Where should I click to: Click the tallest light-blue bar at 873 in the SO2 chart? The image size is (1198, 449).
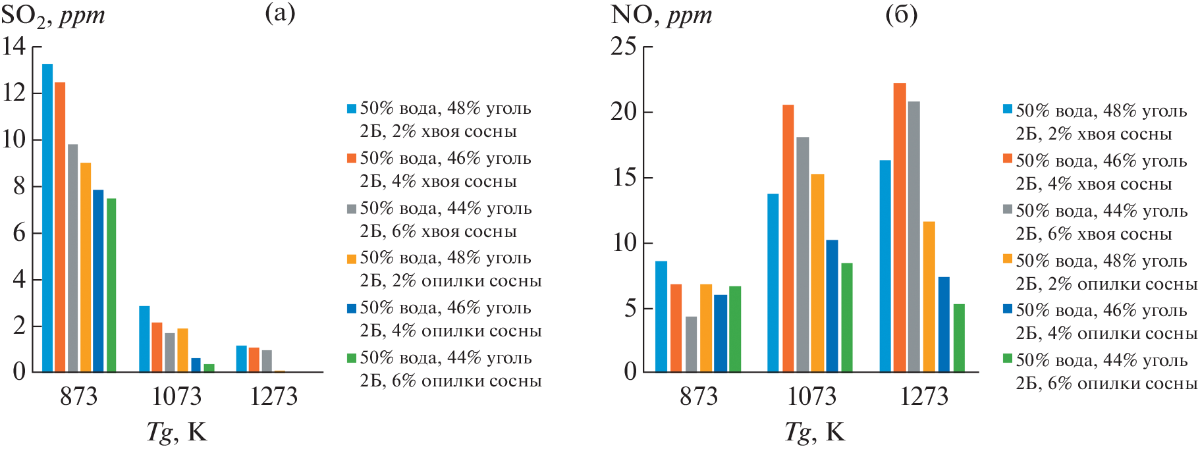(x=47, y=217)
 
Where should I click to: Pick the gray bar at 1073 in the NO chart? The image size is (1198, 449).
(x=802, y=254)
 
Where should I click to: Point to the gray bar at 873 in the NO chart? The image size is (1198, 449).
(x=691, y=344)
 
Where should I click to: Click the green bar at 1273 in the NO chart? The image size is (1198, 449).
(x=959, y=338)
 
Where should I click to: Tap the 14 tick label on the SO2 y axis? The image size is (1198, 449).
(x=14, y=46)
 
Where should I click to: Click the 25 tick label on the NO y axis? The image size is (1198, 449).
(x=623, y=47)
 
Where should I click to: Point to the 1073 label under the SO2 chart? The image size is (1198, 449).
(x=176, y=396)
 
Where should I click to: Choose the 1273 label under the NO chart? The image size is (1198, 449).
(x=924, y=396)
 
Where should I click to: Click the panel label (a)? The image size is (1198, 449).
(x=280, y=13)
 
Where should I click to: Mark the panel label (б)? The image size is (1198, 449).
(x=901, y=14)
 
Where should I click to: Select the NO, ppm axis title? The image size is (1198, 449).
(x=661, y=14)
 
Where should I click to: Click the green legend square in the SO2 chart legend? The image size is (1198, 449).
(x=352, y=358)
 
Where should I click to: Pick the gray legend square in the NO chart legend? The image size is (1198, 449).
(x=1007, y=209)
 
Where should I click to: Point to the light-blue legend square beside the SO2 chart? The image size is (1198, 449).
(x=352, y=109)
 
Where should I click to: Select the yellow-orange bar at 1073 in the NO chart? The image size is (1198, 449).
(x=817, y=273)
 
